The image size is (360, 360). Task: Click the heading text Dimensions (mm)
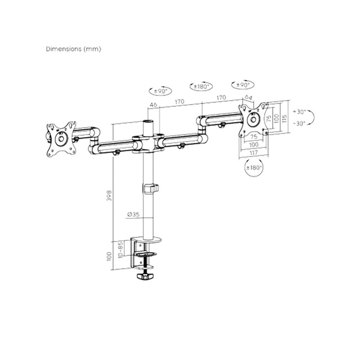tap(74, 49)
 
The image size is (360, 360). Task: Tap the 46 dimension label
tap(153, 105)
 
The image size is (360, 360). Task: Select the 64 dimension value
tap(248, 97)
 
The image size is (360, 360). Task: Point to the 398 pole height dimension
tap(109, 195)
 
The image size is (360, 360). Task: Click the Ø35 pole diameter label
tap(133, 214)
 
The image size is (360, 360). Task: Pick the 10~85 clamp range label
tap(121, 250)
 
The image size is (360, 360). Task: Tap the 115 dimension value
tap(285, 119)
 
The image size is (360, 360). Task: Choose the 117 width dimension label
tap(254, 152)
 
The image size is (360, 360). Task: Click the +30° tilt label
tap(300, 112)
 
